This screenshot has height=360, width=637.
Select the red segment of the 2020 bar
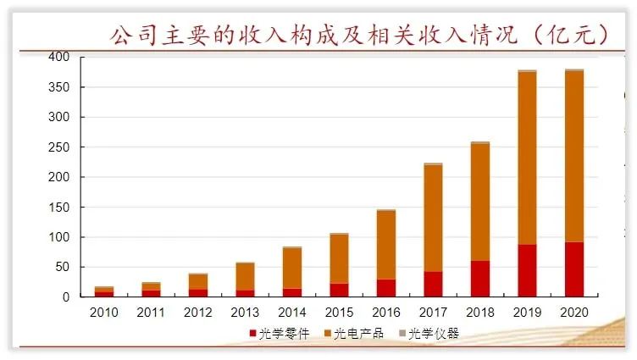(x=574, y=269)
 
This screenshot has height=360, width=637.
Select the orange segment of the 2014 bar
(x=292, y=268)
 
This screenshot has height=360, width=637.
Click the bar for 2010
(x=104, y=291)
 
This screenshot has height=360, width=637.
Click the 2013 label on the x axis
(x=246, y=312)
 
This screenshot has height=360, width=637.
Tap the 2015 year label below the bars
(x=339, y=312)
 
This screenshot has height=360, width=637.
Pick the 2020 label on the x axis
(x=574, y=312)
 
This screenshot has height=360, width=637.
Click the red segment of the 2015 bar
(x=339, y=290)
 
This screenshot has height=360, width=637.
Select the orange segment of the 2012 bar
(x=198, y=282)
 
